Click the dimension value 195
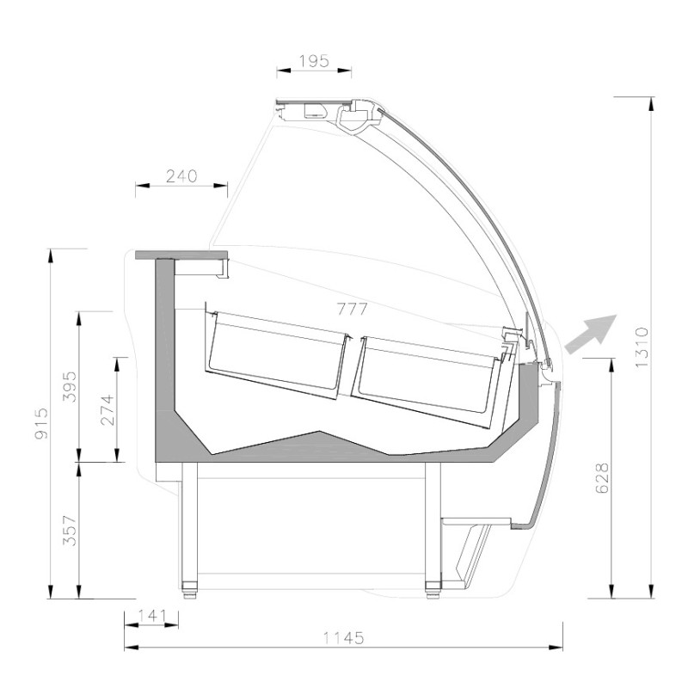pos(314,61)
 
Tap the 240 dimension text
pos(181,176)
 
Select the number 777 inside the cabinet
pos(353,310)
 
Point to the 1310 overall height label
pos(641,347)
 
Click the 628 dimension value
pos(603,478)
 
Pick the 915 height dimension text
pos(41,423)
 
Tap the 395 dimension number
pos(70,386)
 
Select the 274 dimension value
pos(107,410)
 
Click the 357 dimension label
pos(70,531)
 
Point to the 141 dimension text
pos(152,616)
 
